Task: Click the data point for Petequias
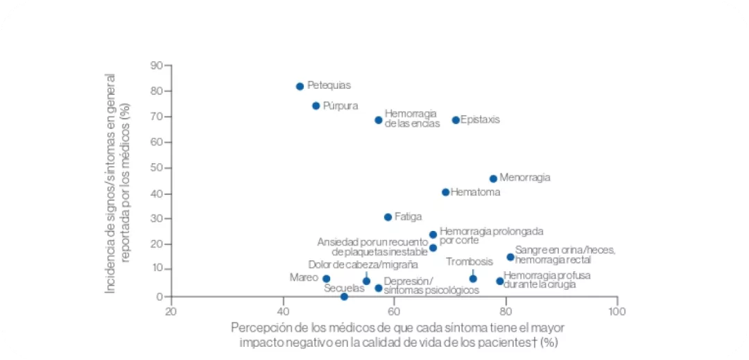(300, 86)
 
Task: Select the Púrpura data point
(316, 106)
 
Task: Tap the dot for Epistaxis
(456, 120)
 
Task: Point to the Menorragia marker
(493, 178)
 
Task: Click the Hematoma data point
(445, 192)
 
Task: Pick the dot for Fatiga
(388, 217)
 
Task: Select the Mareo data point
(326, 279)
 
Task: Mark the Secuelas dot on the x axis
(344, 297)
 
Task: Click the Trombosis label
(469, 262)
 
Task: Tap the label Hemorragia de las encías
(411, 118)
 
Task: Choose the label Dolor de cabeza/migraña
(363, 264)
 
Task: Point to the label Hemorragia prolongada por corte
(491, 235)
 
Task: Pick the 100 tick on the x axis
(617, 311)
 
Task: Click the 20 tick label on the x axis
(171, 311)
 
